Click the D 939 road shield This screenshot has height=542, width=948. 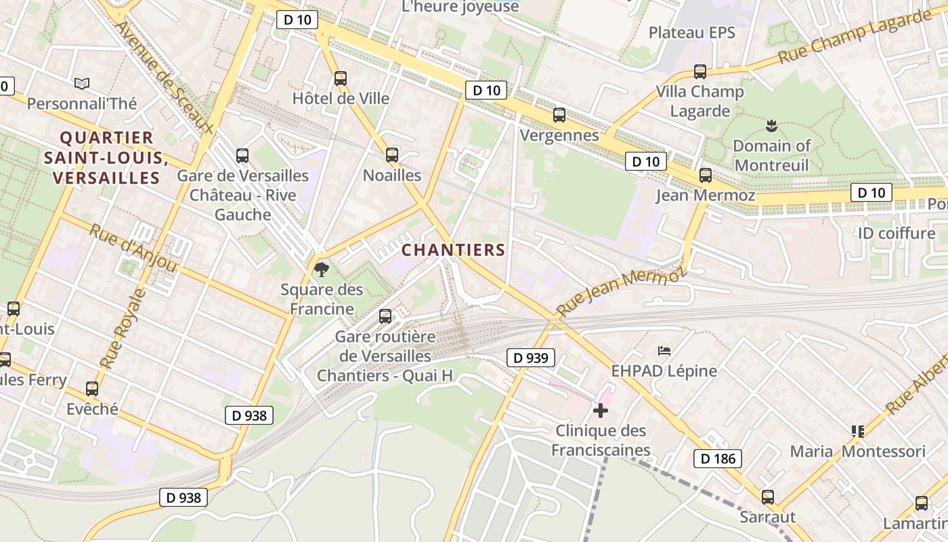click(531, 358)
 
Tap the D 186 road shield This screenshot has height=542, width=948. click(718, 459)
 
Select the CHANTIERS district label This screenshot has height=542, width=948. click(454, 250)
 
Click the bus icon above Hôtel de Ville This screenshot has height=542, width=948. click(341, 79)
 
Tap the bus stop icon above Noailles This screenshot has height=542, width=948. click(391, 155)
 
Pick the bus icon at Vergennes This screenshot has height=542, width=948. click(559, 115)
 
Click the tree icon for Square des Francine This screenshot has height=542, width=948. click(322, 270)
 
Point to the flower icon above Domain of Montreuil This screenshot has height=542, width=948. click(771, 125)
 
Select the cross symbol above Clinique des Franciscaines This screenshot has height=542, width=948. click(600, 410)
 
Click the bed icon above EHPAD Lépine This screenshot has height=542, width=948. click(664, 350)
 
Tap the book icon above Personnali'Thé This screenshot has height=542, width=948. click(82, 83)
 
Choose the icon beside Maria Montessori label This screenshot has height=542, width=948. click(858, 431)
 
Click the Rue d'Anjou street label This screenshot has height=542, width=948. click(133, 249)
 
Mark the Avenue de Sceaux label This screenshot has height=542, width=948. click(164, 78)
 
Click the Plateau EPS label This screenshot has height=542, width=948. click(691, 33)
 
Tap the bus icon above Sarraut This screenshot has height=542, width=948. click(767, 497)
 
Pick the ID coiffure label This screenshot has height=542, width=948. click(896, 234)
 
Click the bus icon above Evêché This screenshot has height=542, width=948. click(92, 389)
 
